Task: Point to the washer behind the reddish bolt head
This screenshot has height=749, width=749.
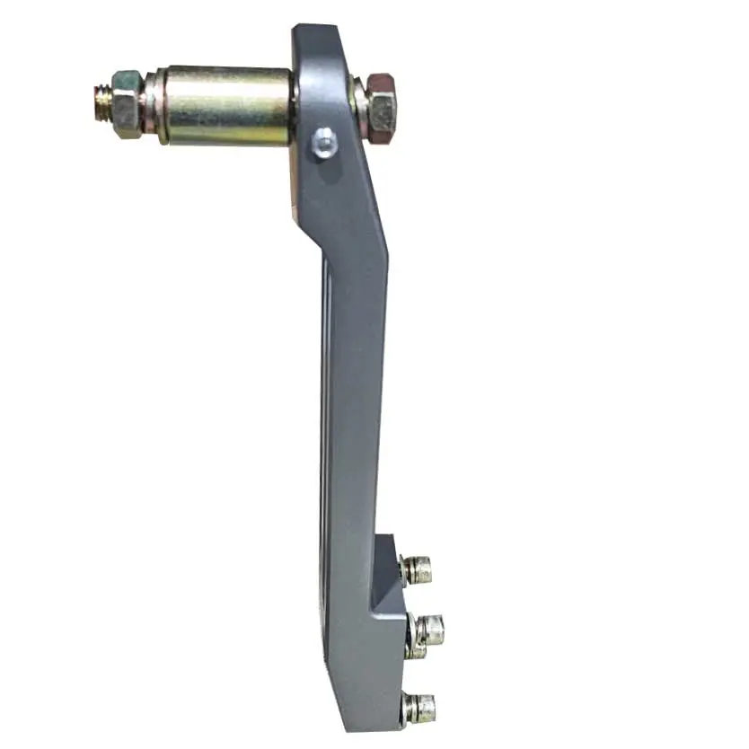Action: (361, 108)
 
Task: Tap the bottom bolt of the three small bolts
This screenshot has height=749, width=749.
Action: (422, 709)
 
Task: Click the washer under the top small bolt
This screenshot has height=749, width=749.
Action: (405, 570)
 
